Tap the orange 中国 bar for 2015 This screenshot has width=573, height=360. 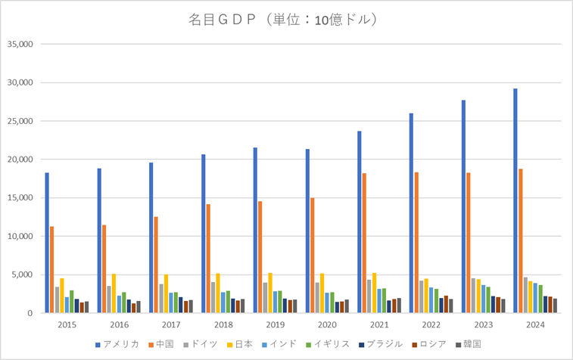[52, 269]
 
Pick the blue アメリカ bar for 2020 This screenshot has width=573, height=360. [307, 231]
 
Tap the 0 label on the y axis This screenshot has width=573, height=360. [29, 313]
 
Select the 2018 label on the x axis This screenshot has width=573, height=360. [223, 324]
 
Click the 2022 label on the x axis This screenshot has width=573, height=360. [431, 324]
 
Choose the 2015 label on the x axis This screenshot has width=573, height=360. [67, 324]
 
